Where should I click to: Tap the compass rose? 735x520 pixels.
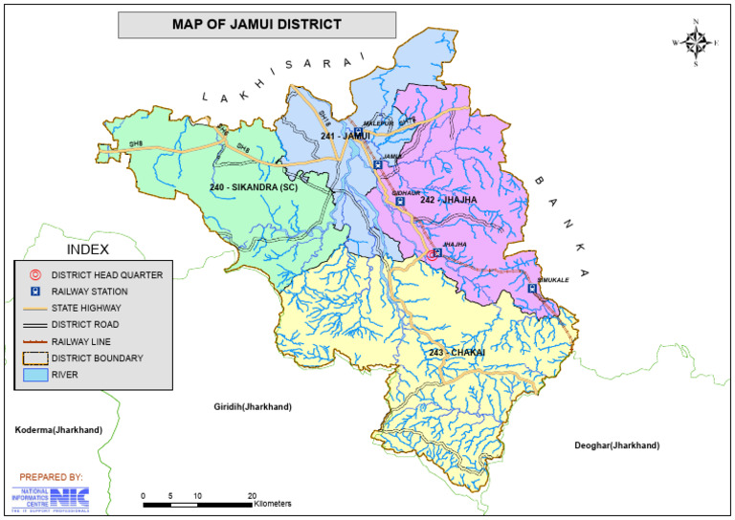[x=696, y=42]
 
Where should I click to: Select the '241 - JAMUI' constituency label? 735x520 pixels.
[x=345, y=137]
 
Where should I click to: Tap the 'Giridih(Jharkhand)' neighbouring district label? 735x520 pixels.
[x=253, y=406]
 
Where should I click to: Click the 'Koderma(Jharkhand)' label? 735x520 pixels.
[x=58, y=430]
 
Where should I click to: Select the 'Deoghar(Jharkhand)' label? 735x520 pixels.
[x=617, y=446]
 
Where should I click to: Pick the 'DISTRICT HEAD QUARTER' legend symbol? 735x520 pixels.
[x=34, y=274]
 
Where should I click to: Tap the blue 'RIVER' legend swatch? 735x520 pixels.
[x=34, y=375]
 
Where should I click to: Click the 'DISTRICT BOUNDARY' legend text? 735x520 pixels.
[x=98, y=357]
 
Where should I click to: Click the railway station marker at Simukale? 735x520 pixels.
[x=532, y=289]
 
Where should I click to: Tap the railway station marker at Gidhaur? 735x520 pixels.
[x=400, y=202]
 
